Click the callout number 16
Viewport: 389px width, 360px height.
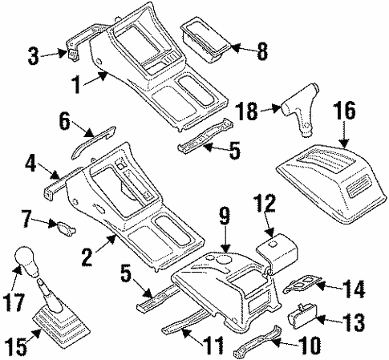pyautogui.click(x=343, y=111)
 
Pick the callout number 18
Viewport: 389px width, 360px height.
pyautogui.click(x=248, y=110)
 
